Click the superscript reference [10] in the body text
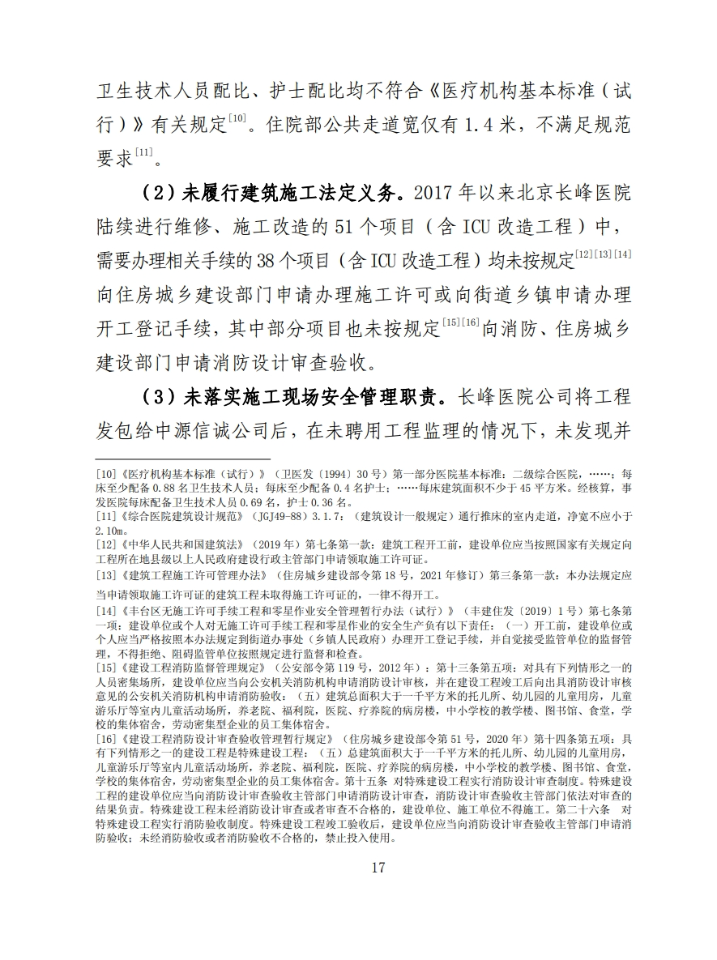237,119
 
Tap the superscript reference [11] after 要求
143,152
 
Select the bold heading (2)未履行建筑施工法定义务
271,195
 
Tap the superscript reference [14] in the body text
622,254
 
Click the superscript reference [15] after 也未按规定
453,322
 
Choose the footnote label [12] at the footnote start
108,544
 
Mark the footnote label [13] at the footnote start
108,576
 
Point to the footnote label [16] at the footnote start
108,740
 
